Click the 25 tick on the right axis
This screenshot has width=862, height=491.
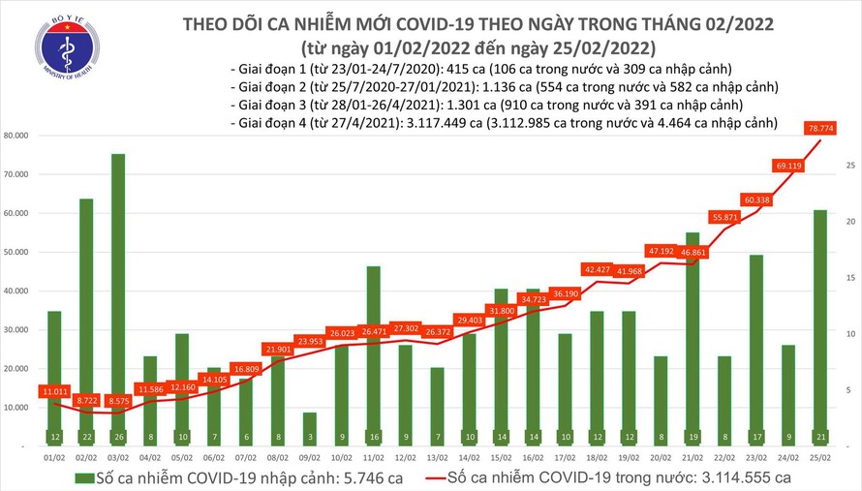[848, 167]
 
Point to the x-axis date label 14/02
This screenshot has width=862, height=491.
[470, 455]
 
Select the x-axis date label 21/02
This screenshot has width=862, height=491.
[693, 455]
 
